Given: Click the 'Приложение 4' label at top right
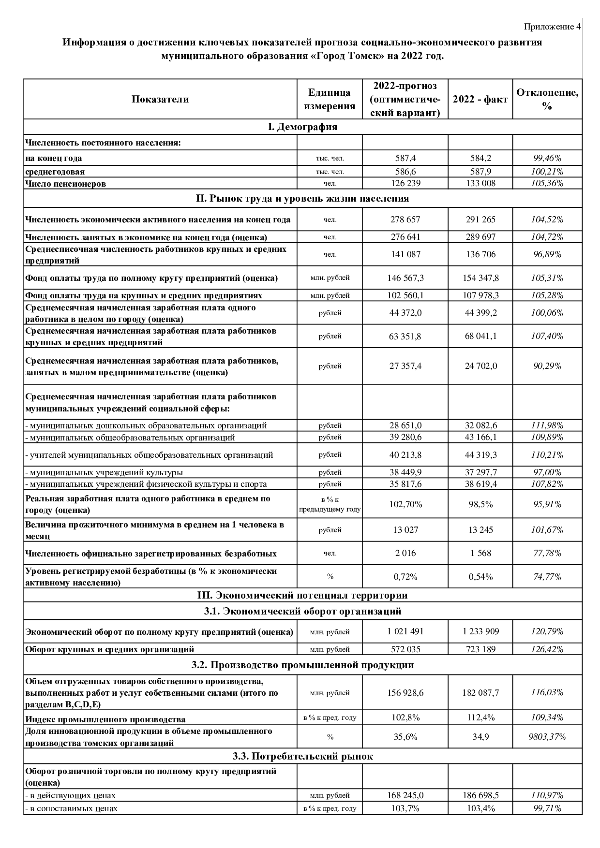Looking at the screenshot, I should point(552,27).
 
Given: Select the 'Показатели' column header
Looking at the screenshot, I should point(160,99).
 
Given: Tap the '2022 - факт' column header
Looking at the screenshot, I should point(480,99).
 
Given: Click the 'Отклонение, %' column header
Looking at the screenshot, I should point(547,99).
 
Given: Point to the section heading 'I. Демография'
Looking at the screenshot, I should point(302,127).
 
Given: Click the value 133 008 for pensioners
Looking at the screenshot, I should point(480,183).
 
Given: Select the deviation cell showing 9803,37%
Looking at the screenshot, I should point(547,737).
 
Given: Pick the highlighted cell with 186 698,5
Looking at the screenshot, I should point(480,795).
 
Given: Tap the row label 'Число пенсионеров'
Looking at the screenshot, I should point(65,184).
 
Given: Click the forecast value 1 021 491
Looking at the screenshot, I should point(405,631).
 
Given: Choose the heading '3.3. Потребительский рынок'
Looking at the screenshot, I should point(302,756).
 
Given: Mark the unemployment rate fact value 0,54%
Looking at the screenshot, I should point(480,577).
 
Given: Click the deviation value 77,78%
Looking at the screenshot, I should point(547,553).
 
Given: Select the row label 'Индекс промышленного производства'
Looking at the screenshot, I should point(105,719).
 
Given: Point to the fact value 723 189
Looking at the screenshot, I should point(480,649).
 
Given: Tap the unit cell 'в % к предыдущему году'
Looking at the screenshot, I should point(330,504).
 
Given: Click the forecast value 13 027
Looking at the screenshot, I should point(405,530).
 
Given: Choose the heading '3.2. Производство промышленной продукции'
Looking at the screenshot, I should point(302,665).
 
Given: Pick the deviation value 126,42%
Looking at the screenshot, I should point(547,649).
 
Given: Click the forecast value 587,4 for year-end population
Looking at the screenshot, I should point(405,158).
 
